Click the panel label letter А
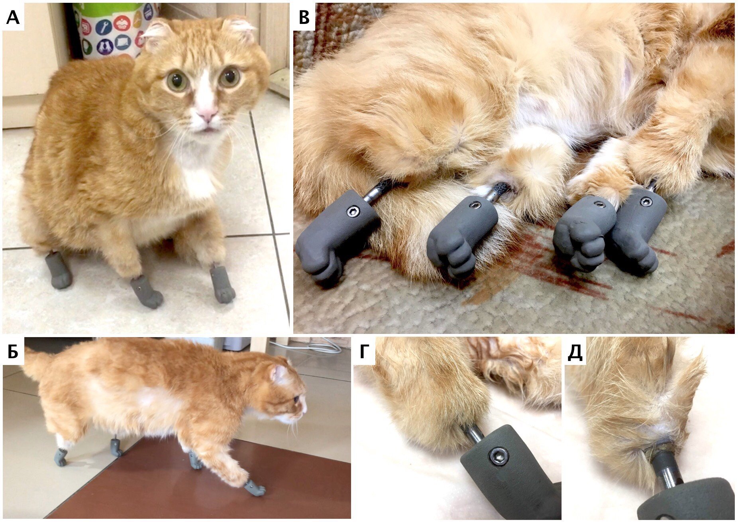point(13,18)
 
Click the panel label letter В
point(304,18)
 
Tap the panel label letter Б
point(13,352)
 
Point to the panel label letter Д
point(575,353)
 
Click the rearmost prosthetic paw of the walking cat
point(60,457)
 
